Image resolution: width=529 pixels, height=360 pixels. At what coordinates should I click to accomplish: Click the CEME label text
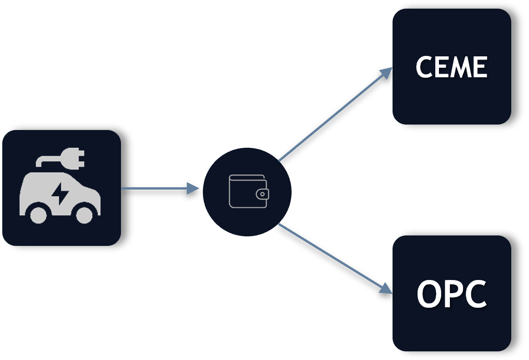(451, 67)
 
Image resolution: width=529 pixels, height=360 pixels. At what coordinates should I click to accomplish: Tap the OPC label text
(452, 294)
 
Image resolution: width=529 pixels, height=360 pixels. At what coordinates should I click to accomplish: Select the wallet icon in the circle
(249, 191)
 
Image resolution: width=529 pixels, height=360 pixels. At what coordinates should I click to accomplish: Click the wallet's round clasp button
(262, 194)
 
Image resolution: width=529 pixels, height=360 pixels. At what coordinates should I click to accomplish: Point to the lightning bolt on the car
(60, 194)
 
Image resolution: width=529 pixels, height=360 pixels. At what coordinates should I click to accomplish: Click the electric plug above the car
(72, 158)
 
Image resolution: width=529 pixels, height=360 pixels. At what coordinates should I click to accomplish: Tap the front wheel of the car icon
(84, 215)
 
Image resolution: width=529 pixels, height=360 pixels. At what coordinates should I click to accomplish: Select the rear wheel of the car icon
(39, 215)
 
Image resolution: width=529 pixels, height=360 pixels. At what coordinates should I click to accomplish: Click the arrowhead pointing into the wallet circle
(193, 188)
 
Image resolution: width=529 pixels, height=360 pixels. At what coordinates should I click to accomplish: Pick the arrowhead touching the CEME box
(386, 73)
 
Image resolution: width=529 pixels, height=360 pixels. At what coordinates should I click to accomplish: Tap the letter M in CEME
(462, 67)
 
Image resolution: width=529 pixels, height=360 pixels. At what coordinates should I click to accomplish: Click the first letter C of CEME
(424, 67)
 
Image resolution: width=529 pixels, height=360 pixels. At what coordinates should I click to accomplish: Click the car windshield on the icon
(78, 181)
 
